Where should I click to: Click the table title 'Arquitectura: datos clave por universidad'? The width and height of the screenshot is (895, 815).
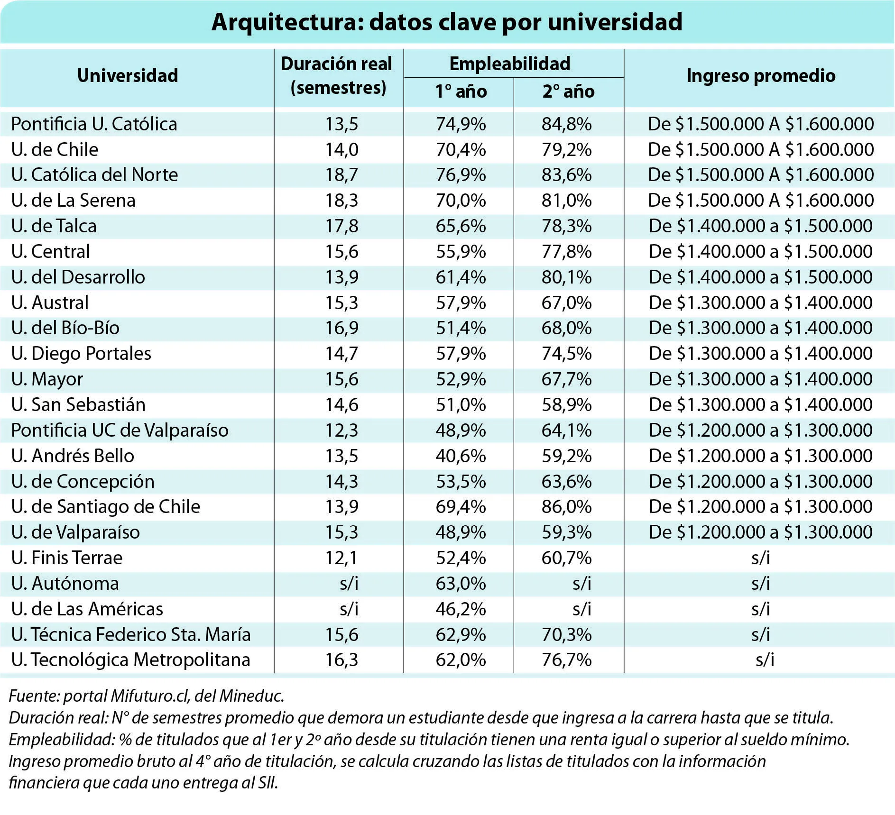coord(447,22)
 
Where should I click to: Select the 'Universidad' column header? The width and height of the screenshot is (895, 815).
coord(128,75)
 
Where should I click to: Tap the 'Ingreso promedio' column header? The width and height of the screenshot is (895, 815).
coord(761,76)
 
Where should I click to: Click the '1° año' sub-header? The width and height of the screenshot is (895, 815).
coord(461,92)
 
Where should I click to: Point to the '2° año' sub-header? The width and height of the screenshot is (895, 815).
coord(568,92)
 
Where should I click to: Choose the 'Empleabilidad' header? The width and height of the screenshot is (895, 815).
coord(510,64)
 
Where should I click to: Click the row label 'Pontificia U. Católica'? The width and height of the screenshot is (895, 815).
coord(94,124)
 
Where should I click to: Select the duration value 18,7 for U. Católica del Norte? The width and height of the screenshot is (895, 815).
coord(341,175)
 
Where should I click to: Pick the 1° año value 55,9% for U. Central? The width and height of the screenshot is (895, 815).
coord(461,252)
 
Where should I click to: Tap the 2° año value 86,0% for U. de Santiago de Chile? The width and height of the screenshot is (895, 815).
coord(567,507)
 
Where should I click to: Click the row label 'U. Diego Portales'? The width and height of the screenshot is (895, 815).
coord(81,354)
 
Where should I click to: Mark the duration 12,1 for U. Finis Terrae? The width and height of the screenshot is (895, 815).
coord(341,558)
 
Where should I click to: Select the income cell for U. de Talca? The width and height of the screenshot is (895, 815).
coord(761,226)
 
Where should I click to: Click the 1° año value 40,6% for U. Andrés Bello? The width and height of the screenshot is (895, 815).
coord(461,456)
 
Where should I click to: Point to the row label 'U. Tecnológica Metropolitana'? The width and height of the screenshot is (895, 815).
coord(131,660)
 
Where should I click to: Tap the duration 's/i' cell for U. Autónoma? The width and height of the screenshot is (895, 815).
coord(349,584)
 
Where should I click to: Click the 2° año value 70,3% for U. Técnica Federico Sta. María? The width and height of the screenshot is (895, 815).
coord(567,635)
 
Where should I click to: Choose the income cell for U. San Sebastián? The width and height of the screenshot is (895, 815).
coord(761,405)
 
